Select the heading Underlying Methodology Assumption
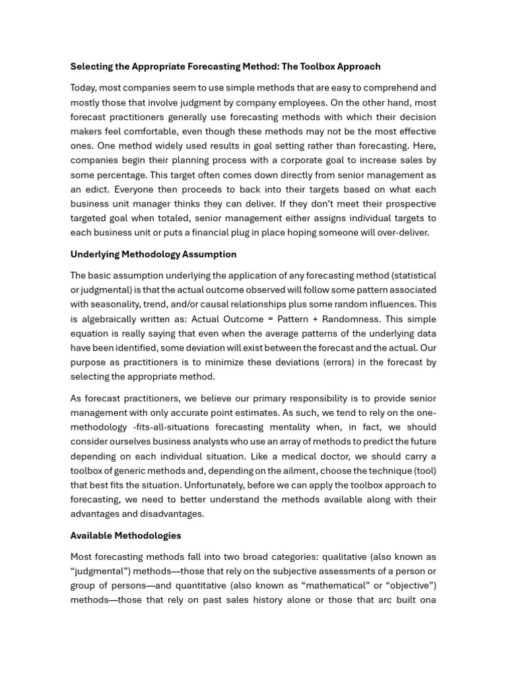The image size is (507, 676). coord(153,254)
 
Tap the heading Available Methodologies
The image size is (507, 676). coord(125,535)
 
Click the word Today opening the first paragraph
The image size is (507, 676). coord(84,88)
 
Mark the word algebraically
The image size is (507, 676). coord(114,319)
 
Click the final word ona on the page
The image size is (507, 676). coord(428,600)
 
